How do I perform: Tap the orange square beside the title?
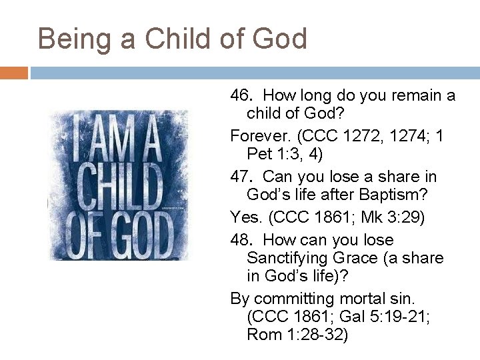pyautogui.click(x=13, y=72)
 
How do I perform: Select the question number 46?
pyautogui.click(x=239, y=96)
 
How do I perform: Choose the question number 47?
pyautogui.click(x=239, y=177)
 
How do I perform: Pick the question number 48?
pyautogui.click(x=239, y=240)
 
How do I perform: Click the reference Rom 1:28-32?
pyautogui.click(x=297, y=334)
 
